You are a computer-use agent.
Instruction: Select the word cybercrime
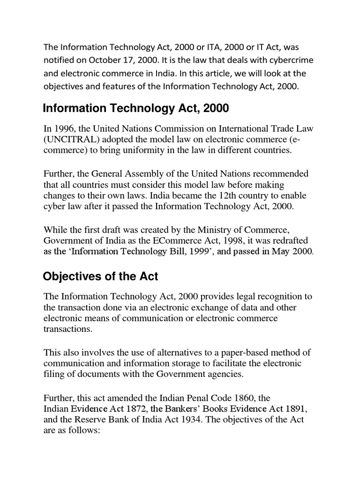pyautogui.click(x=293, y=60)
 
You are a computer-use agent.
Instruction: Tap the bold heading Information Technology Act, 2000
pyautogui.click(x=136, y=109)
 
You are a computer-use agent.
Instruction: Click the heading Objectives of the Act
pyautogui.click(x=100, y=277)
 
